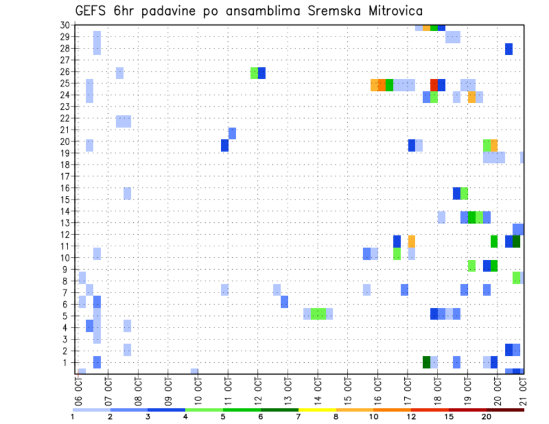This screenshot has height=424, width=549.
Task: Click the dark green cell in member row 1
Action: coord(426,362)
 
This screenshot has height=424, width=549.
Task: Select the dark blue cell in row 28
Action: coord(509,49)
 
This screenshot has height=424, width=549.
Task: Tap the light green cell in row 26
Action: coord(254,73)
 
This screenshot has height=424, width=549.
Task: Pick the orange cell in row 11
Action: coord(412,242)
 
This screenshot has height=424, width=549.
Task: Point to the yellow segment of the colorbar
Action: coord(317,409)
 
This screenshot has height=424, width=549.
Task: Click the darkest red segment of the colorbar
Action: coord(505,409)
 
